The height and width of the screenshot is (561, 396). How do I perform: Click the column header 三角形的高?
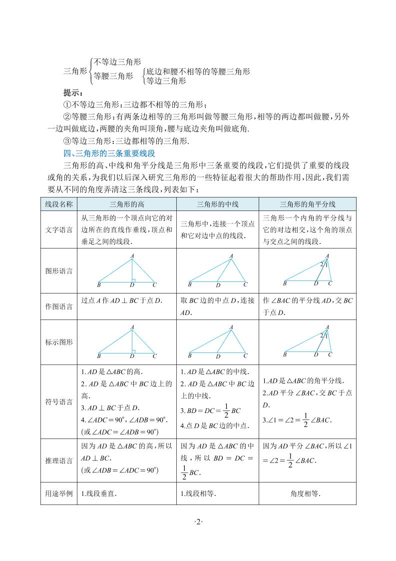(x=127, y=204)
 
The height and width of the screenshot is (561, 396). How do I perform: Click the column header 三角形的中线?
(x=218, y=204)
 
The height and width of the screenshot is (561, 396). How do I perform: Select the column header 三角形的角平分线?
(x=308, y=204)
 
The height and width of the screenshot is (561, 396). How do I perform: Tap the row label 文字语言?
(x=59, y=230)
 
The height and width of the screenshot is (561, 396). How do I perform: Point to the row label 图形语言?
(x=59, y=271)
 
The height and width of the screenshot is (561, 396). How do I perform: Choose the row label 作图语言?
(x=59, y=306)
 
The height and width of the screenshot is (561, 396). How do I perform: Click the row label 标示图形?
(x=59, y=342)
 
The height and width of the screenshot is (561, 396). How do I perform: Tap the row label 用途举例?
(x=59, y=494)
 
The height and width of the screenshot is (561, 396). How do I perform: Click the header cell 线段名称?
(x=59, y=204)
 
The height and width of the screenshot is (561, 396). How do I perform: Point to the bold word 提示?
(x=73, y=93)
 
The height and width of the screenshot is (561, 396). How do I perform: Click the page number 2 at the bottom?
(x=198, y=522)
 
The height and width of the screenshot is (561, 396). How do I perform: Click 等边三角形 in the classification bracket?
(x=166, y=81)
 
